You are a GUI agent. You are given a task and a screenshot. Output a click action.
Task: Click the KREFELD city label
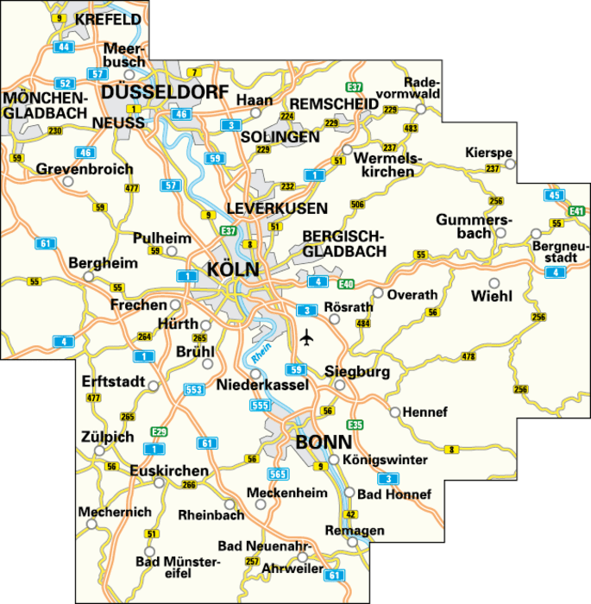coord(108,19)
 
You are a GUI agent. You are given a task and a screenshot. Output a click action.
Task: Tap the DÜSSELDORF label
coord(165,92)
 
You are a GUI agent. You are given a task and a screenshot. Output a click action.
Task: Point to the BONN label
coord(324,442)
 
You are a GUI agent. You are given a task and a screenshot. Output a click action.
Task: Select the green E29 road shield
coord(158,431)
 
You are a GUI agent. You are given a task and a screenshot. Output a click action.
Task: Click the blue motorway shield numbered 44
coord(64,47)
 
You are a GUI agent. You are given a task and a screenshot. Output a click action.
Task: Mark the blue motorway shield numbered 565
coord(277,474)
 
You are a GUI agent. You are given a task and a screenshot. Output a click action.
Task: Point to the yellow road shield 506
coord(357,204)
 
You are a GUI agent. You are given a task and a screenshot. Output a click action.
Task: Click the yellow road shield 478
coord(468,356)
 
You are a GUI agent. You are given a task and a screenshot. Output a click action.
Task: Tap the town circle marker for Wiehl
coord(494,282)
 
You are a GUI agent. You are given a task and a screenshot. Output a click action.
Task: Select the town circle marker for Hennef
coord(395,412)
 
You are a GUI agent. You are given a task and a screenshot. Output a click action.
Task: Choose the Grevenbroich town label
coord(85,170)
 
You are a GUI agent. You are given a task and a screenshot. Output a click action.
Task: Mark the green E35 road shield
coord(353,424)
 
